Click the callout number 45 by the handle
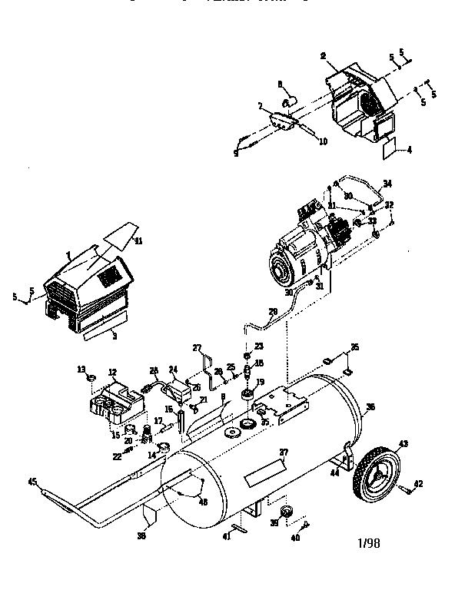(32, 482)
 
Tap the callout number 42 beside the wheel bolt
(419, 483)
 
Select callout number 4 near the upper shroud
(409, 150)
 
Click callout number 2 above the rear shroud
(323, 56)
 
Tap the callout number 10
(301, 141)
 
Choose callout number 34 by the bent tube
(387, 183)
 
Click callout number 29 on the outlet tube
(271, 312)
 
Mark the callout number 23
(258, 346)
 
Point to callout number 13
(81, 370)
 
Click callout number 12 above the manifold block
(112, 373)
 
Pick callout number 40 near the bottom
(296, 538)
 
